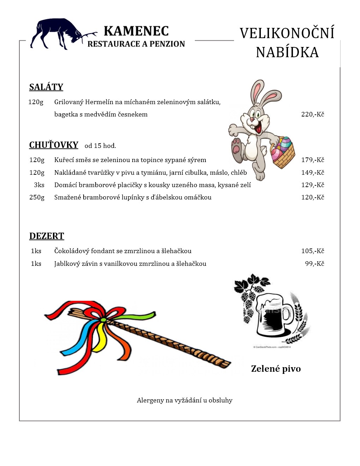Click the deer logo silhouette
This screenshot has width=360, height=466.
pos(56,34)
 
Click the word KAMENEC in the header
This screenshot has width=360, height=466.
pos(136,31)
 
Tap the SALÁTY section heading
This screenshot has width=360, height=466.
pos(46,87)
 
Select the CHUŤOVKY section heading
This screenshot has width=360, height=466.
pos(54,145)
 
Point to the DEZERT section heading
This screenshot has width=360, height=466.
pos(47,236)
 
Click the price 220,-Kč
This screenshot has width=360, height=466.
pos(312,114)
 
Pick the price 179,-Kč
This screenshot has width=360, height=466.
pos(312,160)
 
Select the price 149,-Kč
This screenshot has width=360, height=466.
pos(312,172)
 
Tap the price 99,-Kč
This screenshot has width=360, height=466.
pos(314,263)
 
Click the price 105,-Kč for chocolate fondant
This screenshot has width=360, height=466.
pos(312,251)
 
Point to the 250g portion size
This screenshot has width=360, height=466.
pos(37,197)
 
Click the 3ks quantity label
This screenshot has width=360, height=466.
pos(39,185)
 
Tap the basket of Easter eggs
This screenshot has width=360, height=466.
pos(283,152)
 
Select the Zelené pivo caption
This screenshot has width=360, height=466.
pos(276,369)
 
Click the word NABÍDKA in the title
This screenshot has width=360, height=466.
pos(287,52)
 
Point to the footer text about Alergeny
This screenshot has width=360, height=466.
pos(185,400)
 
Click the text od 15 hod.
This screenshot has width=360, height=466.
pos(100,145)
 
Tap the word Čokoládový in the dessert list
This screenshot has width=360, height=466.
pos(72,251)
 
